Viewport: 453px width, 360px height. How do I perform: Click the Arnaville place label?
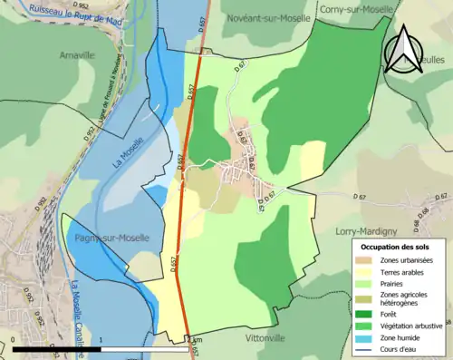click(x=76, y=54)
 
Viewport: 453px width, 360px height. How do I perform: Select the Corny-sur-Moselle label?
click(x=357, y=9)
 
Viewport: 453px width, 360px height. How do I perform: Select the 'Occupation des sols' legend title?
click(x=397, y=246)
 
